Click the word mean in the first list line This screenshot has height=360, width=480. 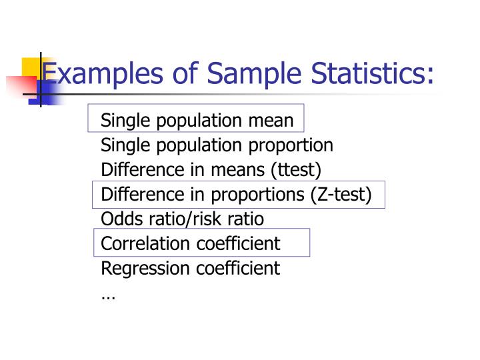(271, 121)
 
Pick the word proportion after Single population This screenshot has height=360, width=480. (291, 145)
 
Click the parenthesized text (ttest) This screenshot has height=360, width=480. (296, 170)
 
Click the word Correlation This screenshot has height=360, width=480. (147, 243)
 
